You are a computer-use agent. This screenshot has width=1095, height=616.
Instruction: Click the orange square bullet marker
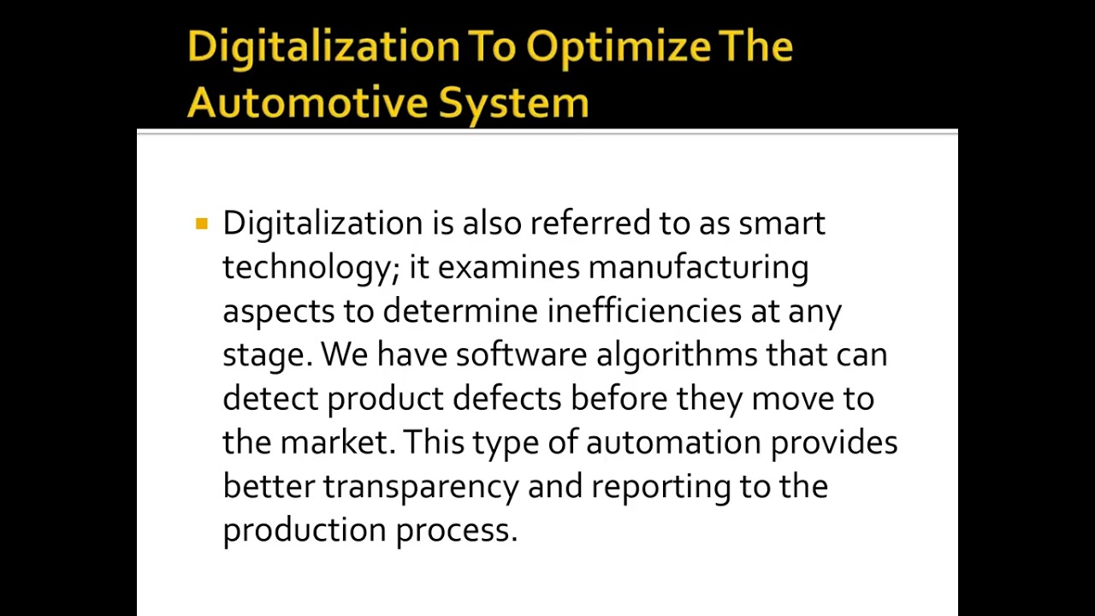click(202, 224)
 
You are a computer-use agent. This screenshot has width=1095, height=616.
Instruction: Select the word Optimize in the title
click(618, 46)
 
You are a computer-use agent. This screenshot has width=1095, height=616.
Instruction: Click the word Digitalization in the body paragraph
click(323, 224)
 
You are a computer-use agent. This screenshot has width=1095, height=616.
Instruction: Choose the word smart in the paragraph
click(782, 224)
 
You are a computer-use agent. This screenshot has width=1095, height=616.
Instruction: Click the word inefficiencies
click(644, 311)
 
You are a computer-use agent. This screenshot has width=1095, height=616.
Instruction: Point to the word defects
click(507, 399)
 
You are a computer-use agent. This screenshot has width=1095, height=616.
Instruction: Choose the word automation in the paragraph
click(673, 443)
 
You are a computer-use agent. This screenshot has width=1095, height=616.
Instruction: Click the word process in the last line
click(456, 531)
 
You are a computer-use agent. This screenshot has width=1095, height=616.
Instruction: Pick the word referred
click(590, 224)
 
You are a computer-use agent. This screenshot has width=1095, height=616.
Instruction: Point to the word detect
click(269, 399)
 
